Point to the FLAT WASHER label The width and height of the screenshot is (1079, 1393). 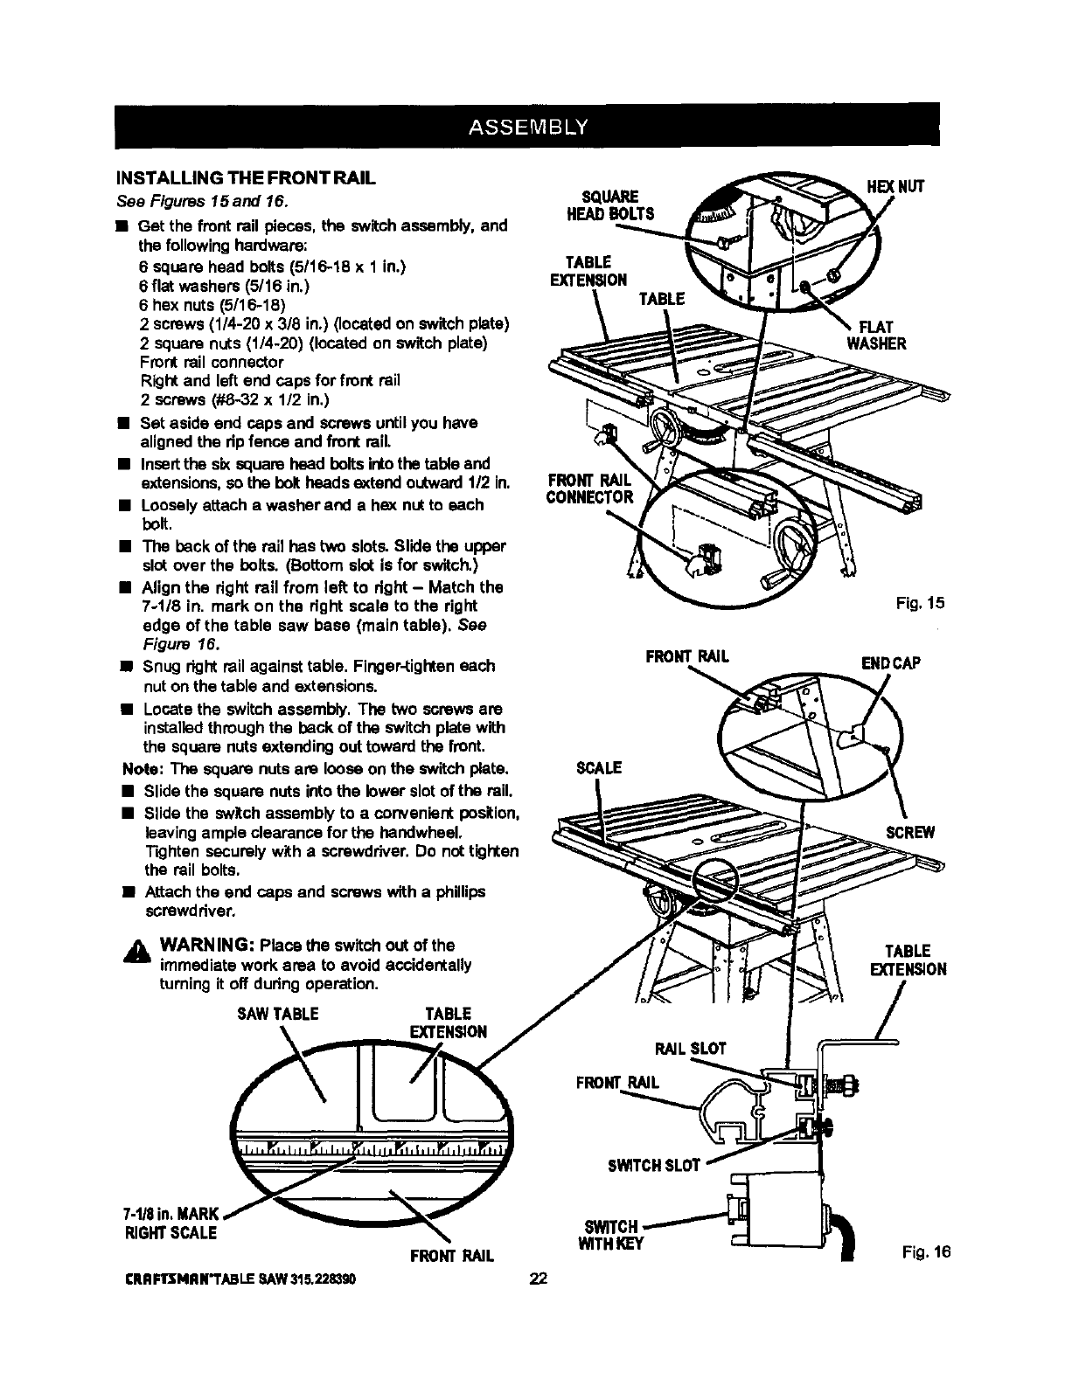[875, 335]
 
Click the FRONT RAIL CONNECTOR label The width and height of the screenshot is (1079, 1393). [588, 489]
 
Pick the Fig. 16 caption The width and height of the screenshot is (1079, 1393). [925, 1252]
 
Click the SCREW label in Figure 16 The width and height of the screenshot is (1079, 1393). [910, 832]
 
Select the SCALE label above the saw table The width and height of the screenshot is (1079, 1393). [598, 768]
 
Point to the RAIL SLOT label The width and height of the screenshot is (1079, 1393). [690, 1048]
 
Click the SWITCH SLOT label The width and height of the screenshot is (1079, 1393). [654, 1165]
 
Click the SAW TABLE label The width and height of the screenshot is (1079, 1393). [278, 1015]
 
